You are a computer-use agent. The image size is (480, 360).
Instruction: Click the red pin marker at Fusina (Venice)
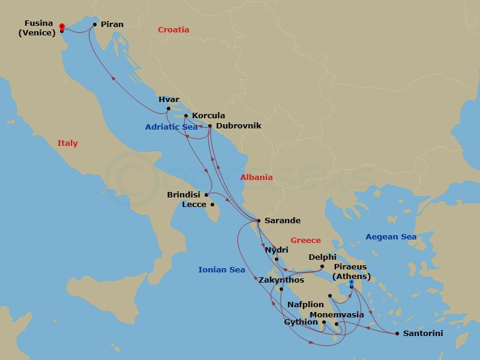[x=62, y=27]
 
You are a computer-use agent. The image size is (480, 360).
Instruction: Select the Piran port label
[x=112, y=25]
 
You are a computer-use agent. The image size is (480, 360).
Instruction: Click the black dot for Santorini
[x=397, y=334]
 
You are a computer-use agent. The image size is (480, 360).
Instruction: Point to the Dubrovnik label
[x=238, y=126]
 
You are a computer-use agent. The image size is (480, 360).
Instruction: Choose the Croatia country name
[x=173, y=30]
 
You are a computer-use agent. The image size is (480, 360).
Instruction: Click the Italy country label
[x=67, y=143]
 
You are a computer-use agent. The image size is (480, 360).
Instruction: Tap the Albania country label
[x=256, y=178]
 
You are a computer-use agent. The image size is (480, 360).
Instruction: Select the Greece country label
[x=305, y=241]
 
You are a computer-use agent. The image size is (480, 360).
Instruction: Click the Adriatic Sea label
[x=171, y=127]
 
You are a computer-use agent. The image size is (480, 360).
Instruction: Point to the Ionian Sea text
[x=221, y=270]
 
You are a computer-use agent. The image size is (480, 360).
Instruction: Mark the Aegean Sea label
[x=391, y=237]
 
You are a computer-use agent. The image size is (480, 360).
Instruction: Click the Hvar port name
[x=169, y=100]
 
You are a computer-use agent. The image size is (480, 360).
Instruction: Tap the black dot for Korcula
[x=186, y=116]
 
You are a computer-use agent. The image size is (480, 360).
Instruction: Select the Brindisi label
[x=184, y=195]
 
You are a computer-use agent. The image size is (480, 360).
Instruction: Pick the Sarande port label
[x=283, y=221]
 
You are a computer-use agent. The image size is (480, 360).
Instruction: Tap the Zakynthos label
[x=281, y=280]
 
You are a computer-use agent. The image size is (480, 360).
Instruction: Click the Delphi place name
[x=322, y=257]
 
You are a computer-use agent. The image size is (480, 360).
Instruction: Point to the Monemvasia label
[x=337, y=315]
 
